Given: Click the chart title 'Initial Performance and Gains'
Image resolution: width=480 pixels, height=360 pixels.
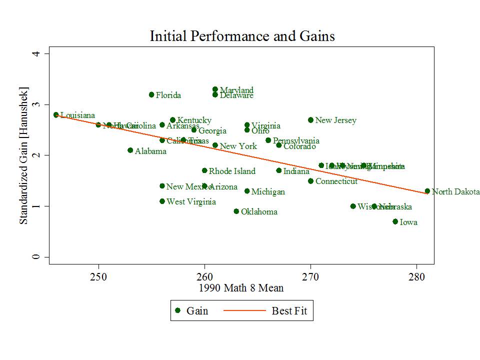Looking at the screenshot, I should point(242,36).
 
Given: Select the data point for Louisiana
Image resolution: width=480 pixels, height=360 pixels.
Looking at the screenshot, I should point(56,115).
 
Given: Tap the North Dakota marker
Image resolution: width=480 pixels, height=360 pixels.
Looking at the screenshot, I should point(427,191).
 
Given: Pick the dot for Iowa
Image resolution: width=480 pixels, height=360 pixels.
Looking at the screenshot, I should point(395,221).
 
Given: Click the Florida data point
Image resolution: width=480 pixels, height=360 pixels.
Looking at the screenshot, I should point(151,94).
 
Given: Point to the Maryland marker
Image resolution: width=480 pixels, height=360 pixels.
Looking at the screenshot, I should point(215,89).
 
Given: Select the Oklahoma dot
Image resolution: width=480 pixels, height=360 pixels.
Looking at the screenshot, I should point(236,211).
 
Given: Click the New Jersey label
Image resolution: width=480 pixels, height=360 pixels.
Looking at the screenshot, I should point(335,120).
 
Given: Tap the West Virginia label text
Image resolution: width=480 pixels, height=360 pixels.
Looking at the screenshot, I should point(191,202).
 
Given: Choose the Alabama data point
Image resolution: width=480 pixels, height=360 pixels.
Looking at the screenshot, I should point(130,150).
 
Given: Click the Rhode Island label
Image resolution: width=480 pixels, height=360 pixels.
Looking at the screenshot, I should point(231,171).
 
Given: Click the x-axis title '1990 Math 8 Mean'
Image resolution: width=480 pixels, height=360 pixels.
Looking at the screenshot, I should point(241,288).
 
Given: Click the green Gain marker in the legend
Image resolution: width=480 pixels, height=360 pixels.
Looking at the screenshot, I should point(177,310).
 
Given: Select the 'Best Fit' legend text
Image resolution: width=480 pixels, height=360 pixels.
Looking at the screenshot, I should point(289,311).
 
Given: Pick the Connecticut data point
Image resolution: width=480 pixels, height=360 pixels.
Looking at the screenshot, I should point(310,181).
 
